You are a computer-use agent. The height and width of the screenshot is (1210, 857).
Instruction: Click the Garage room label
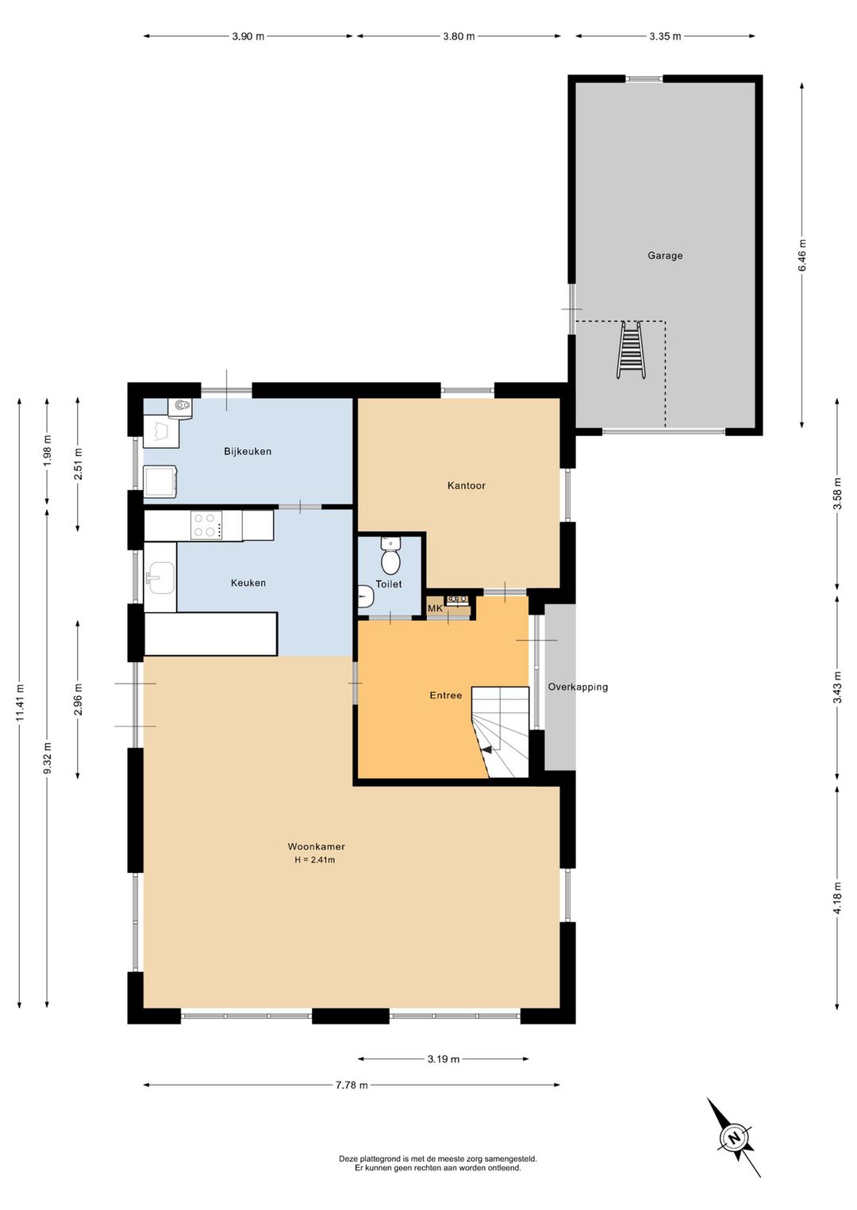coord(665,255)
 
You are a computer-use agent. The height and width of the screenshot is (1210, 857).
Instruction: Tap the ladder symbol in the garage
coord(631,350)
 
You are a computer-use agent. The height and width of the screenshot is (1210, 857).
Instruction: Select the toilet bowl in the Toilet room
coord(390,558)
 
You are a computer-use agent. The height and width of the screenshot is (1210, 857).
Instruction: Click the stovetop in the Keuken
coord(206,525)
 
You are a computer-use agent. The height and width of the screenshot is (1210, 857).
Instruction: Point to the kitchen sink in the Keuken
coord(161,577)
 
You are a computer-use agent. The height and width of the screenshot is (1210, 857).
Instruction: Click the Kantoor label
coord(466,485)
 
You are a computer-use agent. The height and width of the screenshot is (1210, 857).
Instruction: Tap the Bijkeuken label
coord(248,451)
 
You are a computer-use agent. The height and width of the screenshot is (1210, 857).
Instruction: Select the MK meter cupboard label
coord(435,608)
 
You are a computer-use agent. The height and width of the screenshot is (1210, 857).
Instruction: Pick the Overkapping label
coord(578,687)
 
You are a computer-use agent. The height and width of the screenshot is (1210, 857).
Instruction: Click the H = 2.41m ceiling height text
coord(315,860)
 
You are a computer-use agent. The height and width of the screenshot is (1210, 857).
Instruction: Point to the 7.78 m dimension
coord(352,1085)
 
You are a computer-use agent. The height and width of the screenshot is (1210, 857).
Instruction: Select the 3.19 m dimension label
coord(443,1059)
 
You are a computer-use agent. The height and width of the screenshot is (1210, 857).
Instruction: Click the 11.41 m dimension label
coord(20,702)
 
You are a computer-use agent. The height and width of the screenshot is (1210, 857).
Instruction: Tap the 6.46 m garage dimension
coord(802,255)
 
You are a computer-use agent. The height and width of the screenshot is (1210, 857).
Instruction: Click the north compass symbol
coord(735,1138)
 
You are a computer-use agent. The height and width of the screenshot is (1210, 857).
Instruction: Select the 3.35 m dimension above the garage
coord(665,36)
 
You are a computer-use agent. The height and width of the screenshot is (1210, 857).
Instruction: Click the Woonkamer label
coord(316,846)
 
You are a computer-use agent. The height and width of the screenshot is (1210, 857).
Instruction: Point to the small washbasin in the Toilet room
coord(365,595)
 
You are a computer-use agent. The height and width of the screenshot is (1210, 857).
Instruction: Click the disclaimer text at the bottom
coord(437,1163)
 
